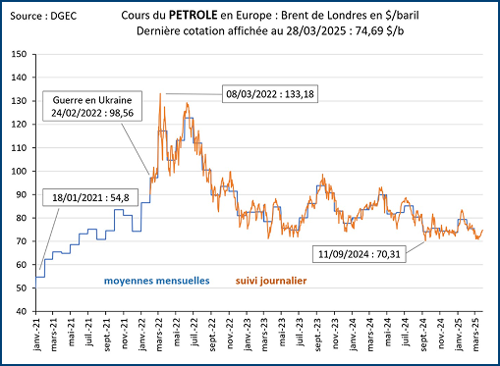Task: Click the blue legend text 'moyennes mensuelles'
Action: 158,281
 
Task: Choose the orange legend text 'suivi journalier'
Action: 273,281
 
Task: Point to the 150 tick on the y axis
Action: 18,54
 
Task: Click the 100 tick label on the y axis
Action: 18,171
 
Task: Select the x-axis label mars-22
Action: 159,336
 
